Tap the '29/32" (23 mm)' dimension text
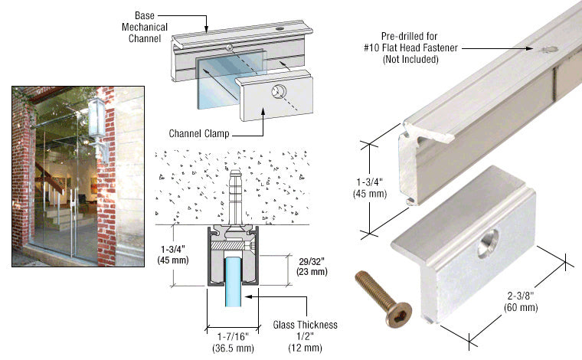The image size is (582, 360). pos(311,266)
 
